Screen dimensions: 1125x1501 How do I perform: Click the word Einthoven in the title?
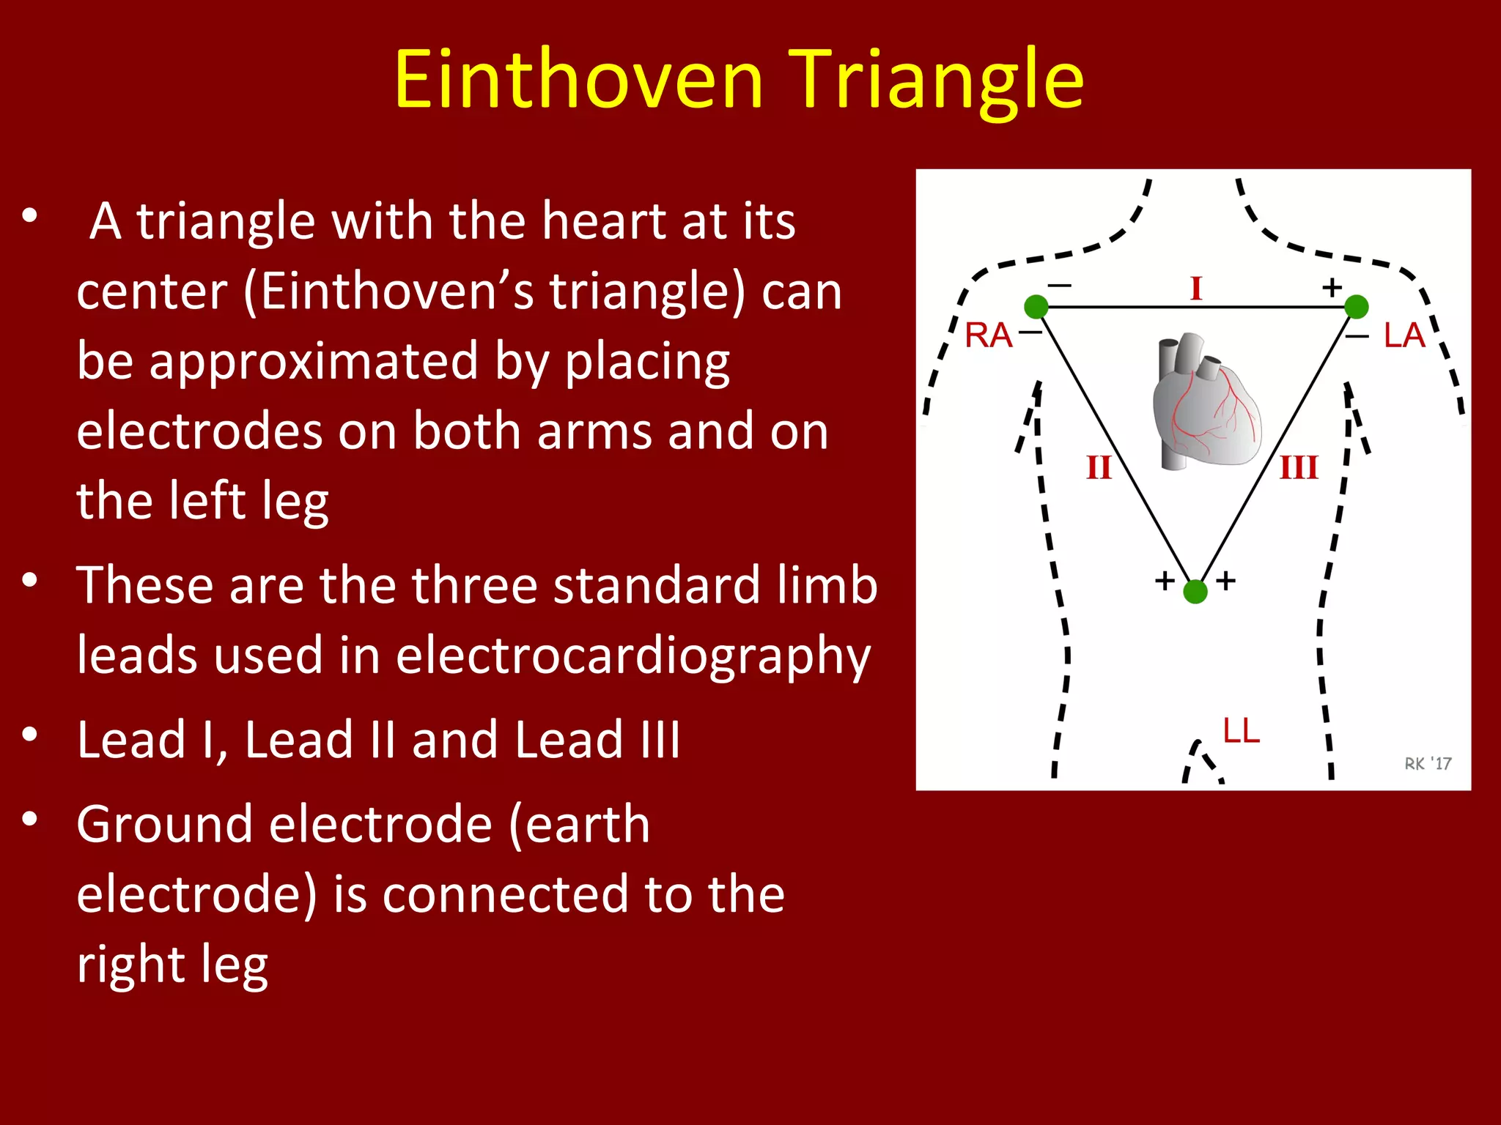(579, 79)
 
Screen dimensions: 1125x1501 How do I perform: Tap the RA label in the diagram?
(988, 336)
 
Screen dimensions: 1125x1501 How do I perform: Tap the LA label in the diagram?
(1404, 336)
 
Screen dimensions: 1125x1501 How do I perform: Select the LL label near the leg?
(1242, 731)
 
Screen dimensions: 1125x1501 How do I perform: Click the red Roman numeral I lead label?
(1196, 289)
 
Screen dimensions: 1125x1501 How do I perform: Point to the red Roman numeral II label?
(1099, 467)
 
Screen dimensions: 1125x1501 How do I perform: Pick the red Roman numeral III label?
(1299, 467)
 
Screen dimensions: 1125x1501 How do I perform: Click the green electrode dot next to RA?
(1036, 307)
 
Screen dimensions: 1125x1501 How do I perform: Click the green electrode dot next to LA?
(1356, 307)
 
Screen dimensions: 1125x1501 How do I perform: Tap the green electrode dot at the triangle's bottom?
(1195, 591)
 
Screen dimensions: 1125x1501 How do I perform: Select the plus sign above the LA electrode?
(1332, 287)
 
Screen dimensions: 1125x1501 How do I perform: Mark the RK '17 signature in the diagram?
(1427, 764)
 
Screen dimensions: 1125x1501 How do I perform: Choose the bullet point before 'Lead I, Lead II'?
(30, 735)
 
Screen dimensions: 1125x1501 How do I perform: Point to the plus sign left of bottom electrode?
(1165, 581)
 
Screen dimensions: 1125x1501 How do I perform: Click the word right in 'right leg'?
(128, 965)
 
